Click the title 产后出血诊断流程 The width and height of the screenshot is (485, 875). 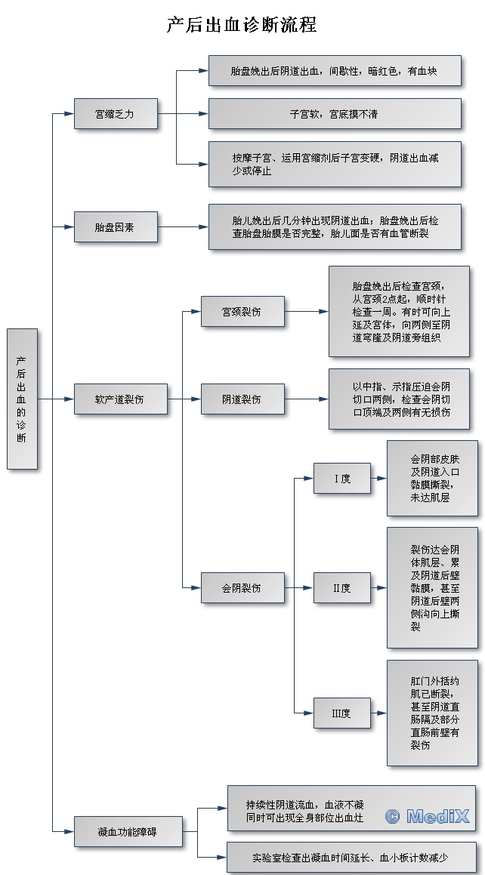point(242,25)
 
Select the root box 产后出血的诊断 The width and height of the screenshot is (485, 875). point(22,399)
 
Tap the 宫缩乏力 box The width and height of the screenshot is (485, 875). point(116,114)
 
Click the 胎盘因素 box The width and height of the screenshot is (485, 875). point(116,226)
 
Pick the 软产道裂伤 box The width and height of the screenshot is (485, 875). point(120,399)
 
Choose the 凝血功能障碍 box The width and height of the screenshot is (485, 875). point(128,831)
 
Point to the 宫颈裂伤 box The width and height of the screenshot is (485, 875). point(242,311)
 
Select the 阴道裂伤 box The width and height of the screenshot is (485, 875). point(242,399)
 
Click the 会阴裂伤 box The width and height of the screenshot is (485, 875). point(242,587)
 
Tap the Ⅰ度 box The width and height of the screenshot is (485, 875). point(342,478)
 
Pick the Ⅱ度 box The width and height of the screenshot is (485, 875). point(342,587)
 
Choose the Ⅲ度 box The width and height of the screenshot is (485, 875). point(342,713)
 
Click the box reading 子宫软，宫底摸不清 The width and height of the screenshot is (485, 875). point(334,114)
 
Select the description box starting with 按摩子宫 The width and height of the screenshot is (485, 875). point(334,165)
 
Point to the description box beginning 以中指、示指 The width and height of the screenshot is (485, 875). point(398,399)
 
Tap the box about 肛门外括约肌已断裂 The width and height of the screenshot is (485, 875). point(431,713)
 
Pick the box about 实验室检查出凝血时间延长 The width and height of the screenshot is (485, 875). point(351,858)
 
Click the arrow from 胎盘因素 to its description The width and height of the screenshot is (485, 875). point(184,226)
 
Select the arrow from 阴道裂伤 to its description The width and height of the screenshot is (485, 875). point(307,399)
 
